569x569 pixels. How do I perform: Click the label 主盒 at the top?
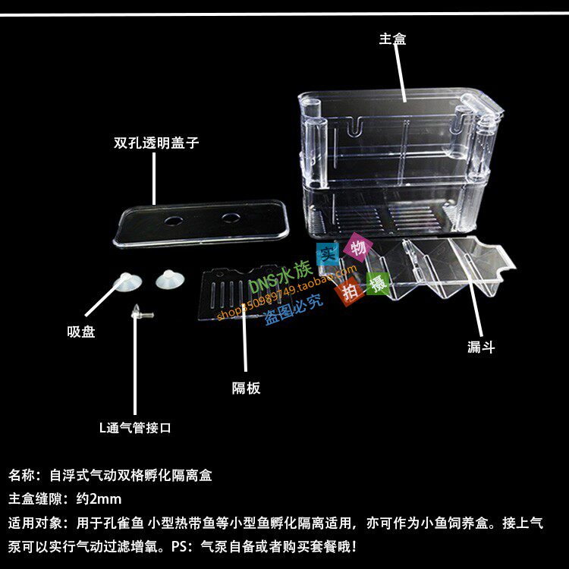tap(392, 39)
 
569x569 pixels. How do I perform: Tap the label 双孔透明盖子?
tap(156, 143)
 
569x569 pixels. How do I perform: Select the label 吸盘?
tap(81, 332)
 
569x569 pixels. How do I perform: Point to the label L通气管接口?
tap(135, 428)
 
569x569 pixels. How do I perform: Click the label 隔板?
tap(246, 388)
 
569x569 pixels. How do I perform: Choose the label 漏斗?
tap(481, 347)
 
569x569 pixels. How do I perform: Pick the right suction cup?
tap(169, 278)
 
